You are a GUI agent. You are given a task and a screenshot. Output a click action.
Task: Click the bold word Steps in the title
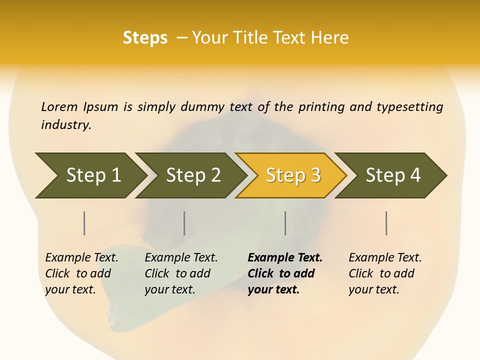145,38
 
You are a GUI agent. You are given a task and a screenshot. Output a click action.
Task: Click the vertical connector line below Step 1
84,223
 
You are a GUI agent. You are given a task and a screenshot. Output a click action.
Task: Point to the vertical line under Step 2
184,223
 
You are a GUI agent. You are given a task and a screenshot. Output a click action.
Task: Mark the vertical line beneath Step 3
285,223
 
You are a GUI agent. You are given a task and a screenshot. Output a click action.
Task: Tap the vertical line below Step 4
386,223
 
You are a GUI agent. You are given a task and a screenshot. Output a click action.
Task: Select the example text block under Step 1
81,273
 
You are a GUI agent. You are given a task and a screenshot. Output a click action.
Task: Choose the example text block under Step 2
180,273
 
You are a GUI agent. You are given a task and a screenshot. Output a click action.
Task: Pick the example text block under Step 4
384,273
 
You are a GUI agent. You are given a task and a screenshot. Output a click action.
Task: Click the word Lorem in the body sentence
59,106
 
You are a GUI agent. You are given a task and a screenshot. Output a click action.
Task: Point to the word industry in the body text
66,125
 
